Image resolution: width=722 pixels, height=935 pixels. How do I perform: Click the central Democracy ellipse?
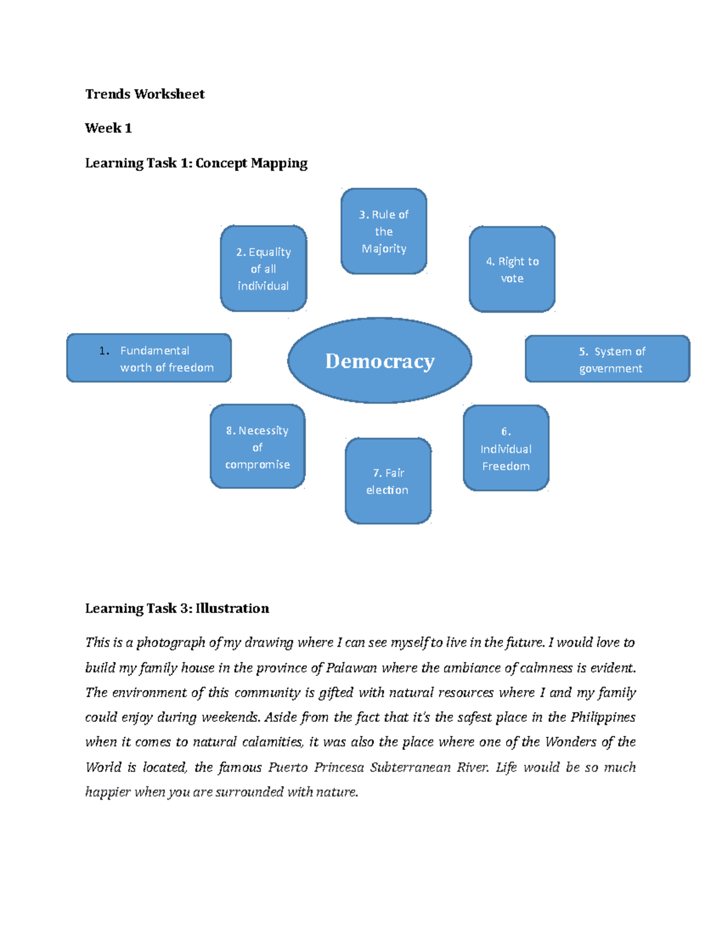[380, 361]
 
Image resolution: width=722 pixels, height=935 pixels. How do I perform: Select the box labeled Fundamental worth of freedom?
[149, 358]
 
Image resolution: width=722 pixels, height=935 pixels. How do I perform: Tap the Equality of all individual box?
[264, 269]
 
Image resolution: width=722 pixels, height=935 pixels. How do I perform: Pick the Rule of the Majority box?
[384, 231]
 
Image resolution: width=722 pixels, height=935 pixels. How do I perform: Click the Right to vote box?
[512, 269]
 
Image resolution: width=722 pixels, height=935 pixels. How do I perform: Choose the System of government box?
[607, 359]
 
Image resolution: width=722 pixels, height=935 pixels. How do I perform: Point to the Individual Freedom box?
[506, 449]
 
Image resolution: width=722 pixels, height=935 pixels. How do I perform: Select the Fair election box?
[388, 481]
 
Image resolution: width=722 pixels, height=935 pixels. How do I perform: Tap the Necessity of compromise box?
[258, 447]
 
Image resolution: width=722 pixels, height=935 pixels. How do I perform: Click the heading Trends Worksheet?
[144, 94]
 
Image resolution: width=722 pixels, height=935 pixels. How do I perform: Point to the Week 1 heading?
[108, 128]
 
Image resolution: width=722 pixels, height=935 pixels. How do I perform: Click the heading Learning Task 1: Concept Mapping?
[196, 163]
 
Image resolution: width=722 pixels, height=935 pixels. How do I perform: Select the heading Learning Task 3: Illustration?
[177, 608]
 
